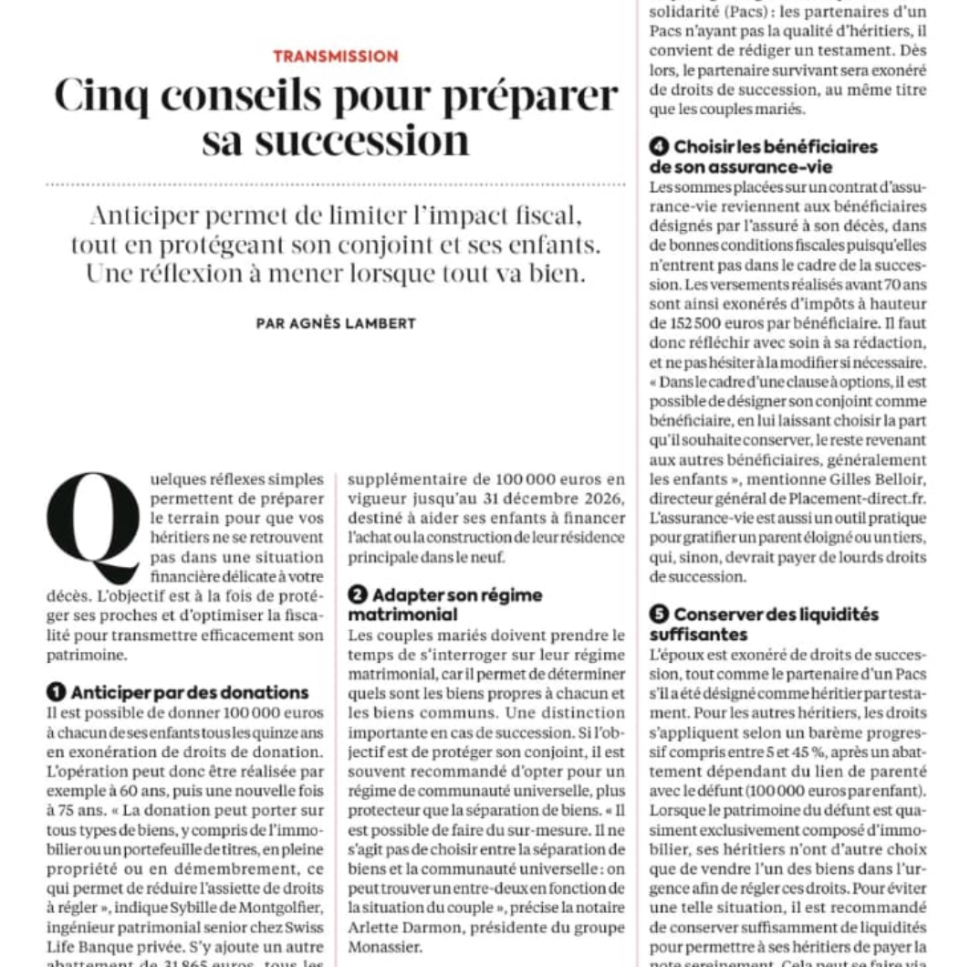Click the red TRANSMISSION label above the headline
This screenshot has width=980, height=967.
(336, 57)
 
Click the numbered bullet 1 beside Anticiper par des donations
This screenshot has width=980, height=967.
(56, 692)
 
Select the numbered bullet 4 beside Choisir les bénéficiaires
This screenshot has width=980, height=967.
(659, 147)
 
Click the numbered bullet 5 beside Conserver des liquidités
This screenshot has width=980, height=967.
(659, 615)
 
